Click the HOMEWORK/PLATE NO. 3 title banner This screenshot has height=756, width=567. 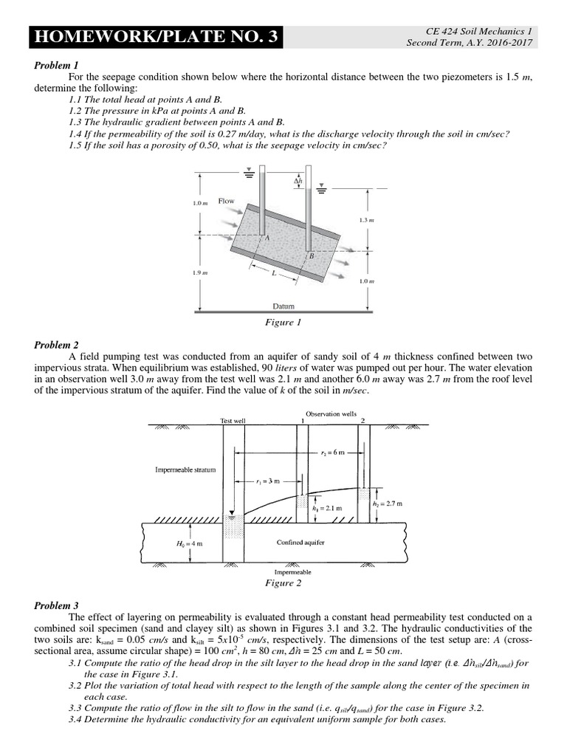(155, 37)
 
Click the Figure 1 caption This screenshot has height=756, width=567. (283, 322)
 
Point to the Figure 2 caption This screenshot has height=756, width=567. (283, 583)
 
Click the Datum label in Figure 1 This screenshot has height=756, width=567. (283, 306)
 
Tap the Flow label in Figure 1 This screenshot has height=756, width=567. (227, 201)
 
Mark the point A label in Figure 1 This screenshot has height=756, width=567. (267, 238)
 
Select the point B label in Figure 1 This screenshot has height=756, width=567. (311, 255)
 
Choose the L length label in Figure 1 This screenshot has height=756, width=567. (274, 272)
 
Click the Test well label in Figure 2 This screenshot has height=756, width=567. (233, 420)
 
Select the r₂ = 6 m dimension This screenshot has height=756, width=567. (331, 453)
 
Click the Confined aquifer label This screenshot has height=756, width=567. (300, 543)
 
